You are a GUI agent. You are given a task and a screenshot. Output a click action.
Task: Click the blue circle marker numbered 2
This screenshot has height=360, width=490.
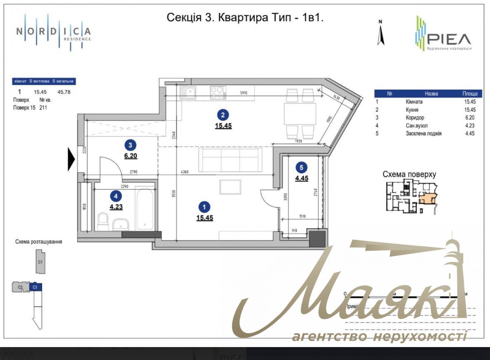click(x=223, y=115)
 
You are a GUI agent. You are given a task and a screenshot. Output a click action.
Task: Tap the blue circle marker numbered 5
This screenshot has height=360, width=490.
click(x=301, y=168)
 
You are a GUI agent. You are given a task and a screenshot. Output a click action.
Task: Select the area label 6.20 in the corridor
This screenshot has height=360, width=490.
click(x=131, y=156)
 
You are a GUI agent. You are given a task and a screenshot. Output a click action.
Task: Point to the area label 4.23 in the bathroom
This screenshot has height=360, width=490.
click(x=116, y=207)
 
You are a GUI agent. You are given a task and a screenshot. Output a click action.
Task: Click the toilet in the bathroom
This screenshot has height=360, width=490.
click(x=103, y=222)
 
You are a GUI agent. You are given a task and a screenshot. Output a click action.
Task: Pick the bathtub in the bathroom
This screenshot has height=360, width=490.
click(x=145, y=209)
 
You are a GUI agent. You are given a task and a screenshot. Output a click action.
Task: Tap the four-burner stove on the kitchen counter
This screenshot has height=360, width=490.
click(x=218, y=93)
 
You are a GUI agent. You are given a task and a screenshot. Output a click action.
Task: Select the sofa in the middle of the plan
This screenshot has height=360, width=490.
click(x=230, y=160)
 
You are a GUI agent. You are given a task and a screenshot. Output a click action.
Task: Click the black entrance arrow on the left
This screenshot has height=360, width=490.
click(x=71, y=159)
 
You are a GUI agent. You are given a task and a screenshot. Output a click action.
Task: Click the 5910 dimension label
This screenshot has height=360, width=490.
click(x=244, y=93)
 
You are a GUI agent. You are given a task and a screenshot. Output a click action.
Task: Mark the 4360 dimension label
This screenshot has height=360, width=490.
click(x=184, y=172)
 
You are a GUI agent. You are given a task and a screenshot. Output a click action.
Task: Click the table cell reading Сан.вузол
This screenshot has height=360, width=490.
click(x=416, y=125)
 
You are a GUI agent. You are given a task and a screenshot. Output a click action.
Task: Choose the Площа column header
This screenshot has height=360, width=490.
click(x=470, y=94)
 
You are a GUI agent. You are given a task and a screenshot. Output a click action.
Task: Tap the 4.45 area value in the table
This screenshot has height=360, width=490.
click(x=470, y=133)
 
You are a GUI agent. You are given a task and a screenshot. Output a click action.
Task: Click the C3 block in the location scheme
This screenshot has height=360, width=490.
click(x=35, y=287)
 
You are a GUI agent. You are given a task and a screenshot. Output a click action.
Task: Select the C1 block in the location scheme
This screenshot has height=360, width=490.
click(x=40, y=262)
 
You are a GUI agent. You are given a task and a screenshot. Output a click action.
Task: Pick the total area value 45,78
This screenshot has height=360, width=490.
click(x=64, y=92)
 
